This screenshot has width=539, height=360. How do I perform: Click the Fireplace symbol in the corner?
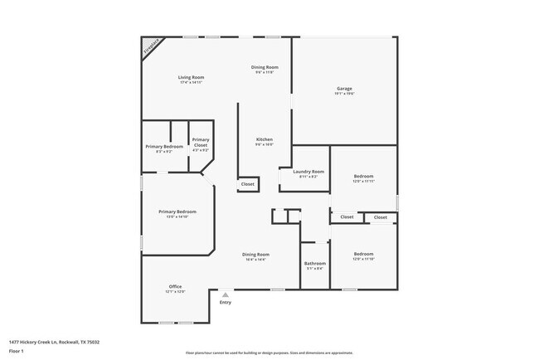pyautogui.click(x=149, y=46)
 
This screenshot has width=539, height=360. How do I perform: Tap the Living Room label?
pyautogui.click(x=191, y=78)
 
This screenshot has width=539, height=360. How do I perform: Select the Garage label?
pyautogui.click(x=344, y=89)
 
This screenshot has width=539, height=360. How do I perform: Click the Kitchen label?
pyautogui.click(x=264, y=139)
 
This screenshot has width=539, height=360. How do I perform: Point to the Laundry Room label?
pyautogui.click(x=308, y=172)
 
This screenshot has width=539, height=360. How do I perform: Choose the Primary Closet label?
pyautogui.click(x=200, y=142)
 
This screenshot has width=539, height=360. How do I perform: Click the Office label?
pyautogui.click(x=175, y=286)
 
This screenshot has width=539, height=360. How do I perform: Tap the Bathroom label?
pyautogui.click(x=314, y=264)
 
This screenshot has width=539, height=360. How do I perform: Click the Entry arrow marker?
pyautogui.click(x=226, y=294)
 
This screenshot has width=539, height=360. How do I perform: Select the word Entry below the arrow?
pyautogui.click(x=226, y=302)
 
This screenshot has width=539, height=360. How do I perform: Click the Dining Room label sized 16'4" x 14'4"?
pyautogui.click(x=255, y=255)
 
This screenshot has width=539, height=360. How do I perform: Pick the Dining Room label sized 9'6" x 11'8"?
pyautogui.click(x=265, y=67)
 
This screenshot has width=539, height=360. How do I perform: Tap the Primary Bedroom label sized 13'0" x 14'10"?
pyautogui.click(x=177, y=212)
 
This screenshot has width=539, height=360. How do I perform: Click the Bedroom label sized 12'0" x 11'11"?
pyautogui.click(x=363, y=176)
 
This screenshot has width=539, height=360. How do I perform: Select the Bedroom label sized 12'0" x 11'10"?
pyautogui.click(x=363, y=255)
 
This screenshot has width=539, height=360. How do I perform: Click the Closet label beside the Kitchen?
pyautogui.click(x=247, y=184)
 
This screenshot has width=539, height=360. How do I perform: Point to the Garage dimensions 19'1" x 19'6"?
pyautogui.click(x=344, y=94)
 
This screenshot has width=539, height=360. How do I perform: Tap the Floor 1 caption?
pyautogui.click(x=17, y=350)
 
